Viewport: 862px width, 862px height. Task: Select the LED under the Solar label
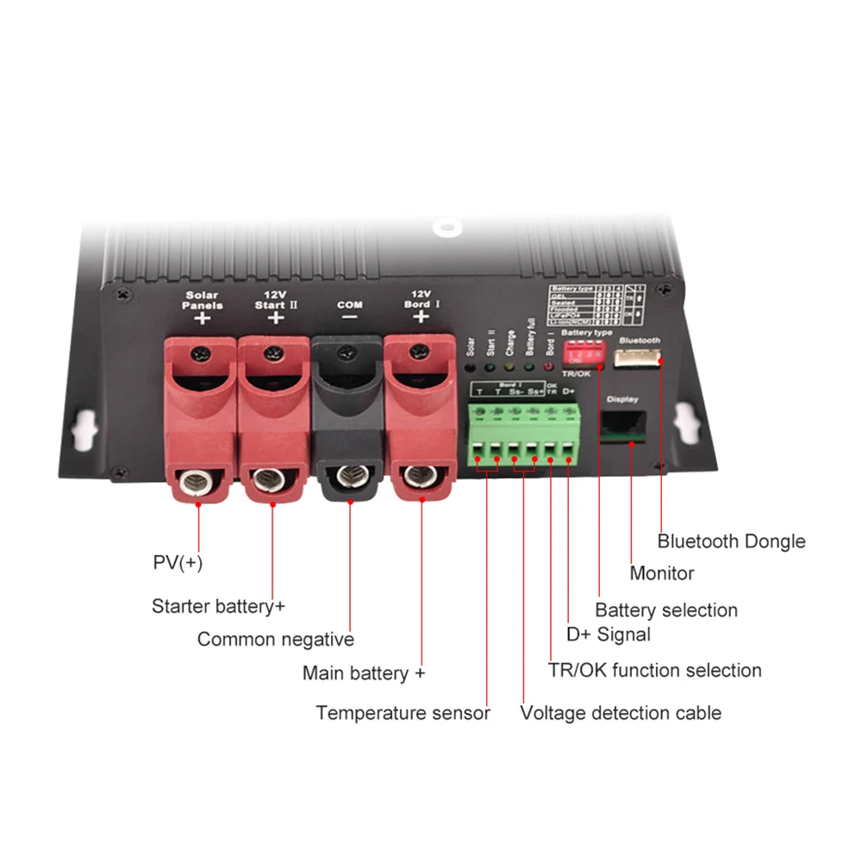(x=470, y=366)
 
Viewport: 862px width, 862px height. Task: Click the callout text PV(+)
(x=178, y=563)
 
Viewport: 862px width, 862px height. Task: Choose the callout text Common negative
(x=275, y=640)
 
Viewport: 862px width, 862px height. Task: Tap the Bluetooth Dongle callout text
(x=731, y=541)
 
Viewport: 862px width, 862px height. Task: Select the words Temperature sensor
(x=403, y=713)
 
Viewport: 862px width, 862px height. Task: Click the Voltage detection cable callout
(x=621, y=713)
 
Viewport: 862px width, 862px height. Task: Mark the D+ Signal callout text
(x=608, y=635)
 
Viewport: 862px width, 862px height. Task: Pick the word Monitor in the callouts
(x=661, y=573)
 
